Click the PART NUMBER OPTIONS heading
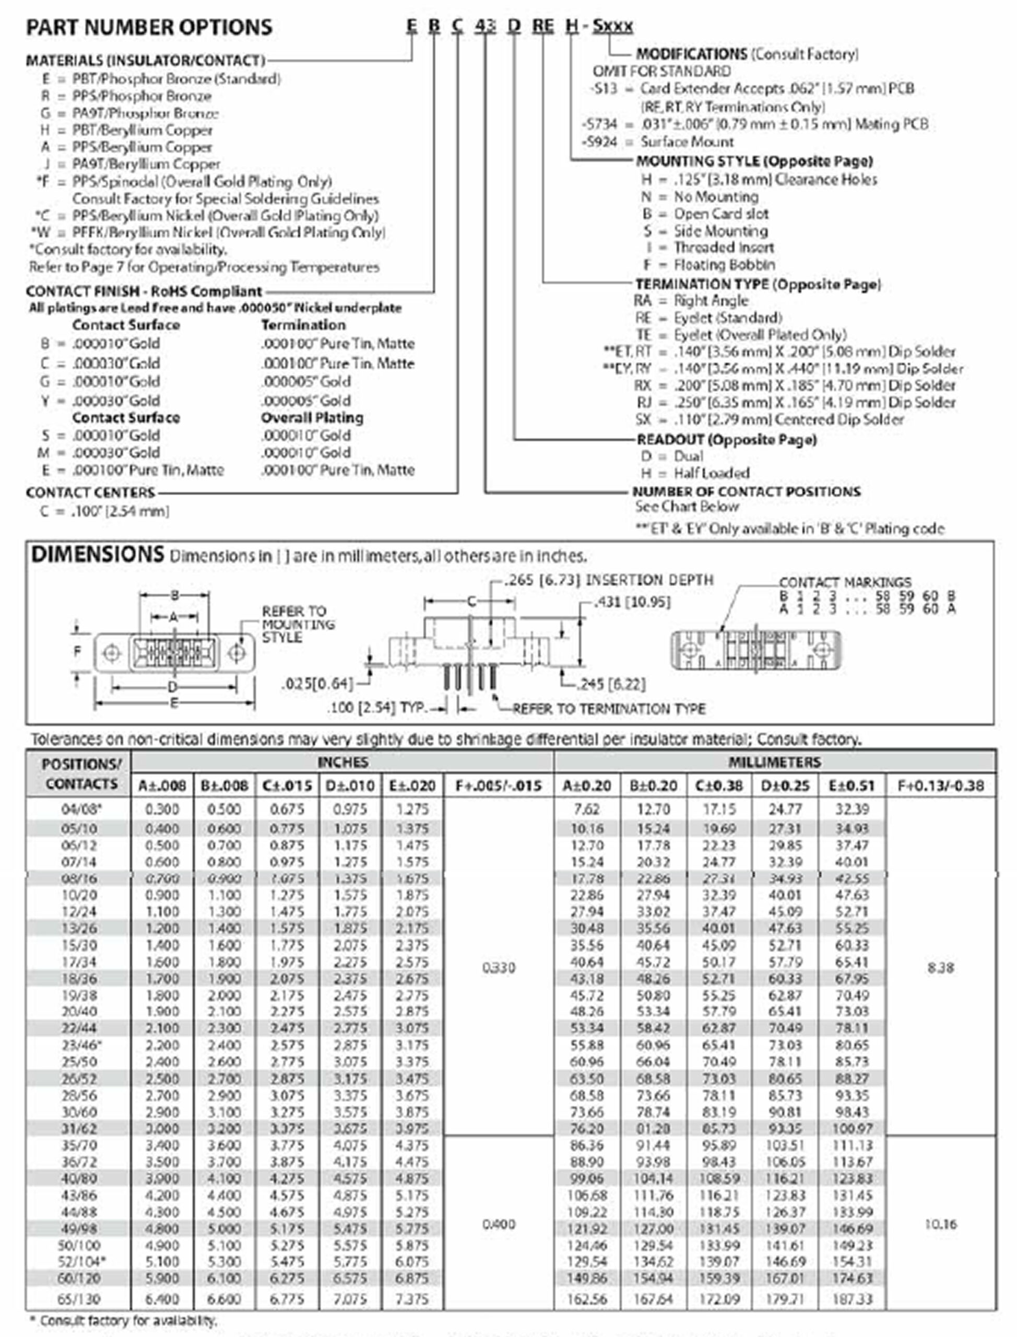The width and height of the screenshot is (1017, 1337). (149, 27)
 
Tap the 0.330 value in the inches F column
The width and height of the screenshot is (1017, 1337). (498, 968)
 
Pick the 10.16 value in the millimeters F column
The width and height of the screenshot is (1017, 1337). (940, 1224)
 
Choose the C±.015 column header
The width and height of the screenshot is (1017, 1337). (287, 786)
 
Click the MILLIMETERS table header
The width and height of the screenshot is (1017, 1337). (774, 763)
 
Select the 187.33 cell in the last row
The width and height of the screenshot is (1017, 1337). (852, 1299)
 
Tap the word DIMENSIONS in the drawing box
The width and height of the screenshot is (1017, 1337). (98, 554)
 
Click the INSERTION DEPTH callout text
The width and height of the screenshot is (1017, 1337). (648, 580)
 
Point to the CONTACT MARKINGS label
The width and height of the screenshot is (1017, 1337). (845, 582)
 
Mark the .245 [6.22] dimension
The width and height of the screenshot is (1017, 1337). (610, 684)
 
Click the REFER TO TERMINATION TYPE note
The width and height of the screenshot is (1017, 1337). (608, 709)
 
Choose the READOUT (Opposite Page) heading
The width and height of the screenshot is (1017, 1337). (726, 440)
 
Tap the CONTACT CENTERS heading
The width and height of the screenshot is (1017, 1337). (90, 492)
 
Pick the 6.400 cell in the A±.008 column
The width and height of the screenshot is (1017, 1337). (162, 1299)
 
